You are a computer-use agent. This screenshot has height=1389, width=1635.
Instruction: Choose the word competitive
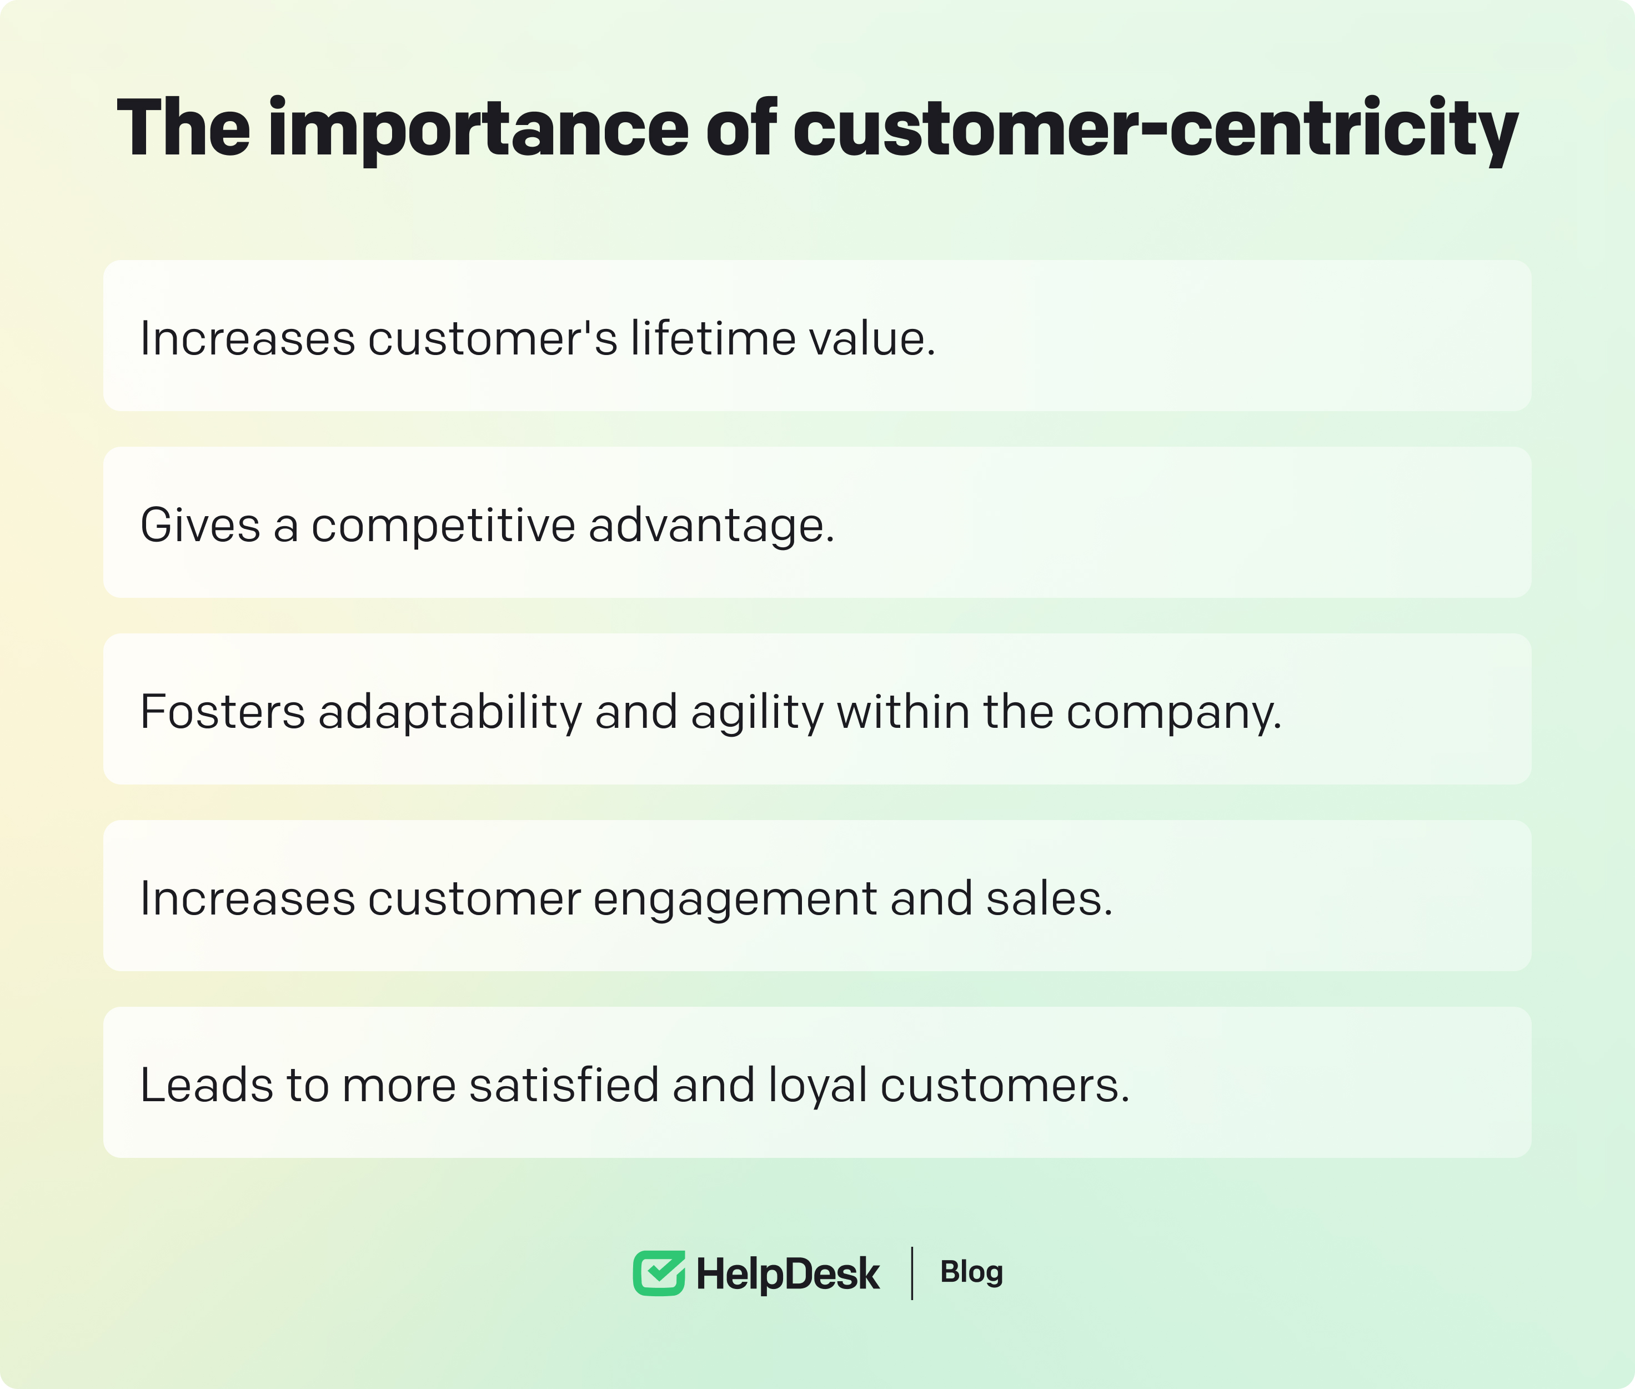tap(443, 527)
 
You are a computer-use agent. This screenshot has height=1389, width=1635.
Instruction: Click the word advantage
tap(711, 527)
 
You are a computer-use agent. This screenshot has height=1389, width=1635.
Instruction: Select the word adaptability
tap(449, 713)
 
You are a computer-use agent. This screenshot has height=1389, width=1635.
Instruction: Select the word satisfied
tap(564, 1085)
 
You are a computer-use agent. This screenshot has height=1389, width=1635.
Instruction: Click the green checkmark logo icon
tap(659, 1273)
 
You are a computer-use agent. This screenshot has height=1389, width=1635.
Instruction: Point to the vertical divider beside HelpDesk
tap(911, 1273)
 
